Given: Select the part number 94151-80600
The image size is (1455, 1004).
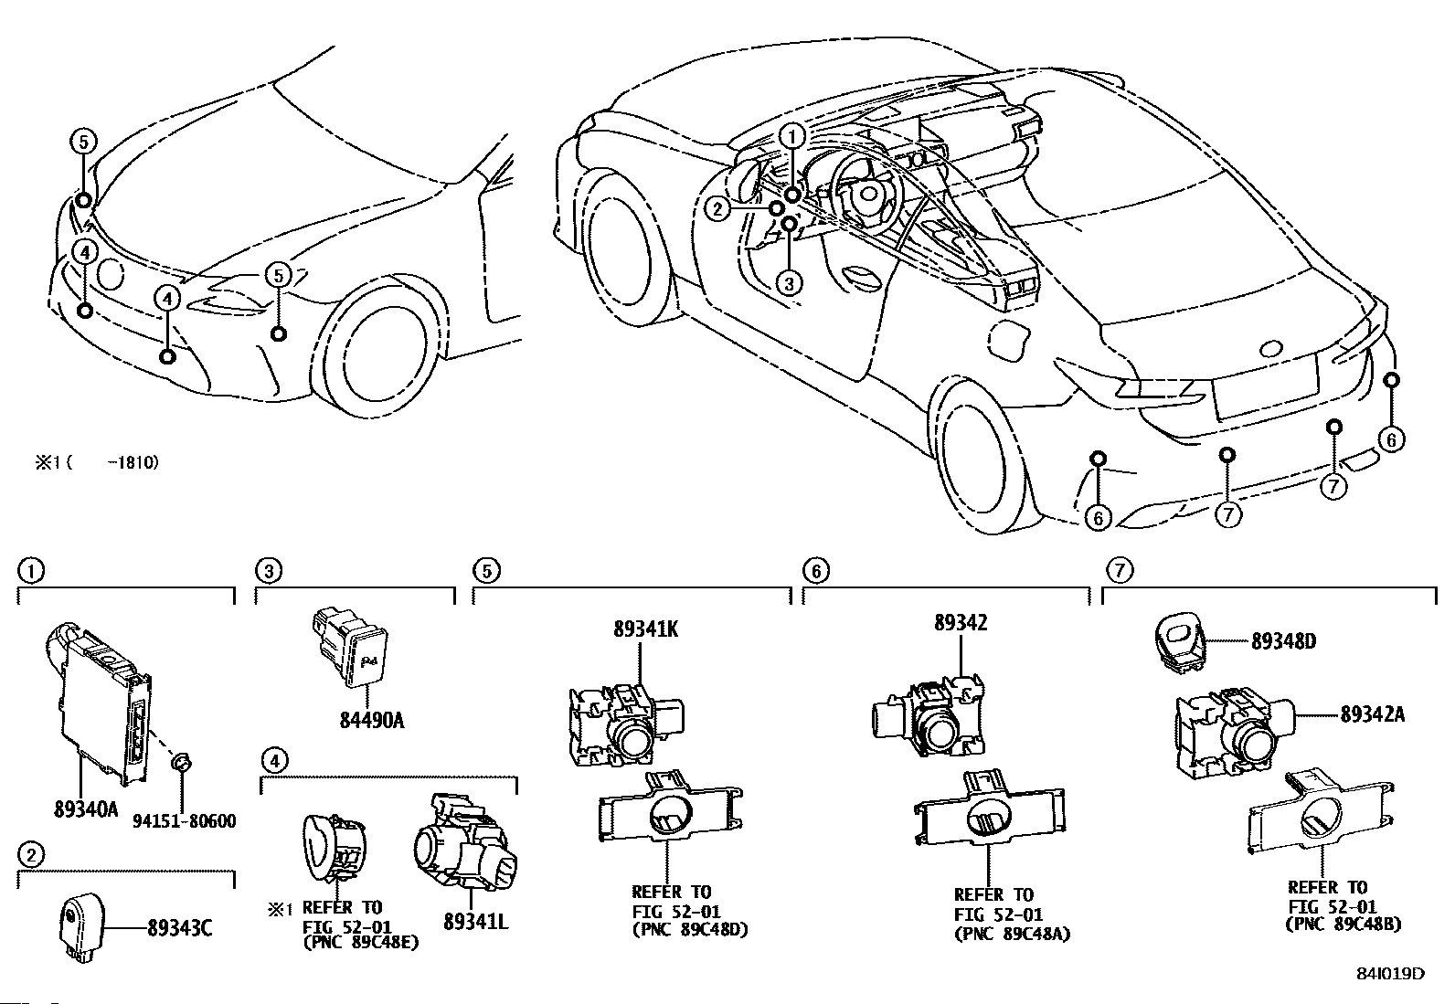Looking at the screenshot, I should [x=183, y=821].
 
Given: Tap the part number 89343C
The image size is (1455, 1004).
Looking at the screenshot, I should [x=180, y=928].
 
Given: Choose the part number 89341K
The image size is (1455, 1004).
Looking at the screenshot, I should [x=646, y=629].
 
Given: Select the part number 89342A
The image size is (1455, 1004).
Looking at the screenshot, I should [x=1373, y=714].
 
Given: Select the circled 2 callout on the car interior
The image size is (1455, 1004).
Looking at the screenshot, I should [x=718, y=209].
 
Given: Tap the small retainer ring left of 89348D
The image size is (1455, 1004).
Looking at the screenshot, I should [x=1178, y=642].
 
